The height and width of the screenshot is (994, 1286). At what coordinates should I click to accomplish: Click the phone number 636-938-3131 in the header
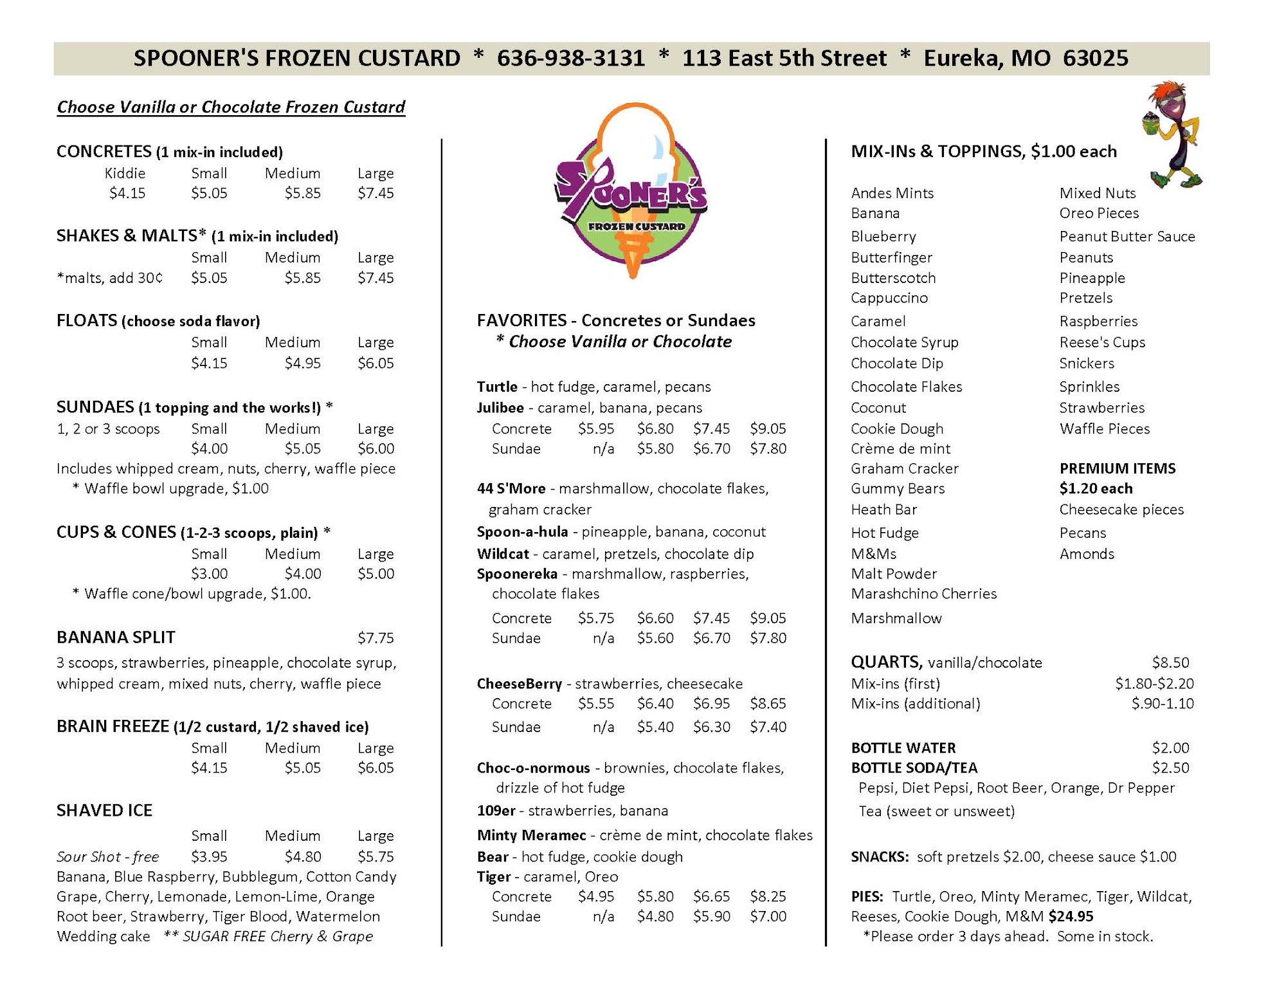[x=570, y=59]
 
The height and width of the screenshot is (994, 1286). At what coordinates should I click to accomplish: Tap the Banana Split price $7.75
[x=376, y=638]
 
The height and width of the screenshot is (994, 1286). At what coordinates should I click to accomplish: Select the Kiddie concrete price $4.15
[x=127, y=193]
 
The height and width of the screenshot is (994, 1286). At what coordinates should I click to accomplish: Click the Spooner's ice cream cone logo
[x=632, y=191]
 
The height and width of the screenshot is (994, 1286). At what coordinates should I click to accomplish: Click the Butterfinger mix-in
[x=891, y=258]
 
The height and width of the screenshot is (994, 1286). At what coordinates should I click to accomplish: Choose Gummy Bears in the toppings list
[x=898, y=489]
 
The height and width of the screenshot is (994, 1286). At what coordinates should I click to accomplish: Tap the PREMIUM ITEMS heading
[x=1118, y=468]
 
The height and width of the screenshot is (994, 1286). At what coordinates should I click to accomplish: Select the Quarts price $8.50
[x=1170, y=663]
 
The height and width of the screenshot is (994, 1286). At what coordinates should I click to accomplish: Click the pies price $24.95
[x=1071, y=916]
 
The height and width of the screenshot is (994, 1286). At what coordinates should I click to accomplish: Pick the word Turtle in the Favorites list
[x=497, y=387]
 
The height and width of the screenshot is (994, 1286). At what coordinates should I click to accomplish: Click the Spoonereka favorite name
[x=517, y=574]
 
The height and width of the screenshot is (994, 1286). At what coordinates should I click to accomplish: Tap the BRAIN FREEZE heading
[x=113, y=726]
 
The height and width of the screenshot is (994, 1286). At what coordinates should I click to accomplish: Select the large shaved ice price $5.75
[x=376, y=856]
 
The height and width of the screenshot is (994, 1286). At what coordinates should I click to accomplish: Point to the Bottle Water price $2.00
[x=1170, y=748]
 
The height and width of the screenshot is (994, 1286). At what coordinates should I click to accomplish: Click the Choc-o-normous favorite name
[x=533, y=768]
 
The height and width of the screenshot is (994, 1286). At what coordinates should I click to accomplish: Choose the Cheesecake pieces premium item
[x=1121, y=510]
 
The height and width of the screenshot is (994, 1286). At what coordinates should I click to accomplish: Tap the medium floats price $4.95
[x=302, y=363]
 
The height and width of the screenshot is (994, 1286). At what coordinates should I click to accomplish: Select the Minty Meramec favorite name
[x=531, y=836]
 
